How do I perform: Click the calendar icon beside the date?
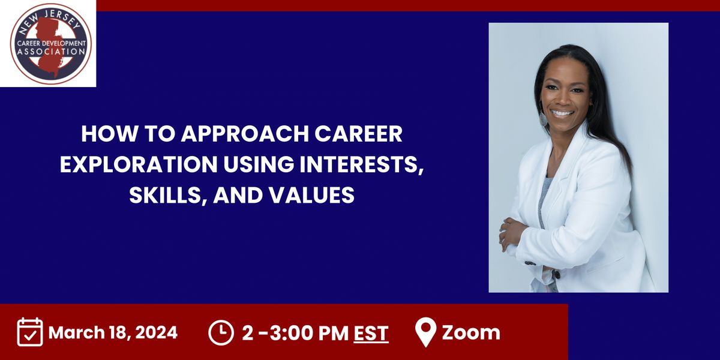(x=30, y=332)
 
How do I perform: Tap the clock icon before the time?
(x=221, y=332)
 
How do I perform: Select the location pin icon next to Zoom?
(x=425, y=332)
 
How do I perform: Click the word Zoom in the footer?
(x=471, y=332)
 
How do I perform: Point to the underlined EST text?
(x=371, y=333)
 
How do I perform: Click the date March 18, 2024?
(x=113, y=332)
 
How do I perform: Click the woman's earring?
(x=544, y=119)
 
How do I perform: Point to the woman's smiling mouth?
(x=562, y=112)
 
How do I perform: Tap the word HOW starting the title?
(x=103, y=133)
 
